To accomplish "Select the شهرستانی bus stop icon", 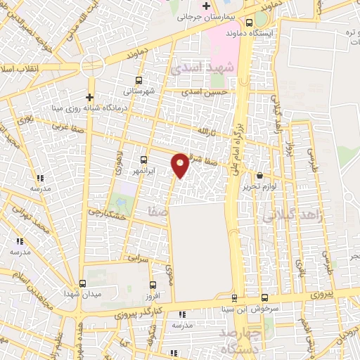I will coord(138,79).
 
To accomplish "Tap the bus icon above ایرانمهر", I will coord(144,160).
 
